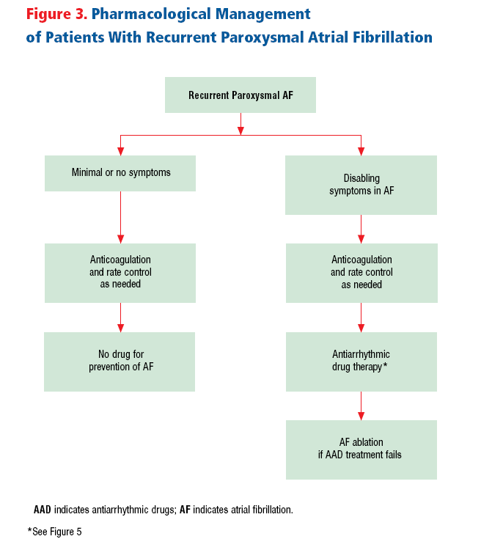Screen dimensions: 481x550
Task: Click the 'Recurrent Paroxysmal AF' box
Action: [240, 95]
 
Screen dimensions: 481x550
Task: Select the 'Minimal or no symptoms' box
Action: [120, 173]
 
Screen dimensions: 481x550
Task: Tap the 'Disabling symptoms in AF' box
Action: [361, 186]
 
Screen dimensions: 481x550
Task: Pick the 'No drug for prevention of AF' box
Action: [120, 362]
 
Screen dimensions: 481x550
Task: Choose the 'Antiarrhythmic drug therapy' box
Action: [361, 362]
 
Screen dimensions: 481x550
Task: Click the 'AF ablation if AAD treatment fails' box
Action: [361, 450]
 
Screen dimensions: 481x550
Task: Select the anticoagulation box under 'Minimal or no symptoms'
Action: [120, 274]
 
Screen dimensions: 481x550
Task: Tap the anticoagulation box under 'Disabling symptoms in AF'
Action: [361, 274]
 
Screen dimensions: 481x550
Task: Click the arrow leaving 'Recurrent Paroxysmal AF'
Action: [240, 124]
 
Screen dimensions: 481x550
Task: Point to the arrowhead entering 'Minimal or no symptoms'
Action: [121, 151]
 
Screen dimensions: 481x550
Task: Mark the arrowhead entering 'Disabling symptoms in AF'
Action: [361, 151]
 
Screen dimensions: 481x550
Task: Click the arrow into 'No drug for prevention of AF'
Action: [121, 318]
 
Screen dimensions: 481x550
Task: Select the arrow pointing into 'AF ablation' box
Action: [361, 406]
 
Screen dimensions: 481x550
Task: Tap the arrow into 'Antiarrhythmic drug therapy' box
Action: [361, 318]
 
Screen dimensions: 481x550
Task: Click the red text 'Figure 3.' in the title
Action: [57, 15]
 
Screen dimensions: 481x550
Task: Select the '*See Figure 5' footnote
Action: [54, 532]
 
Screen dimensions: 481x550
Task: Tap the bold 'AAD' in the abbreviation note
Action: [43, 510]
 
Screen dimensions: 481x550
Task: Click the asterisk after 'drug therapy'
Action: [385, 364]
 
